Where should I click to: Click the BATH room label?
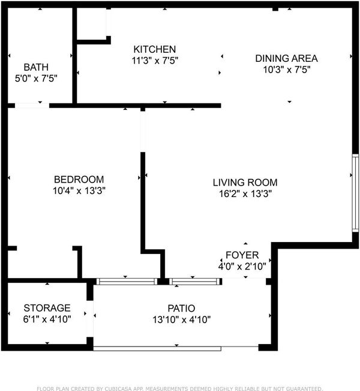[x=36, y=67]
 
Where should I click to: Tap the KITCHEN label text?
[x=155, y=49]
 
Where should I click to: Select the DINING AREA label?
[x=287, y=58]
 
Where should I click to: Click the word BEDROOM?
[x=79, y=180]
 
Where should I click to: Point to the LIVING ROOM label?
[x=245, y=183]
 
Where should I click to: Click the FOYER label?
[x=242, y=255]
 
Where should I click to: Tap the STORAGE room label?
[x=47, y=308]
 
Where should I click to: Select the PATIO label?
[x=181, y=309]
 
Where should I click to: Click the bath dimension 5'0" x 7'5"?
[x=36, y=79]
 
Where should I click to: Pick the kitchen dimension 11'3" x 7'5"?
[x=155, y=61]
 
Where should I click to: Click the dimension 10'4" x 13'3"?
[x=79, y=191]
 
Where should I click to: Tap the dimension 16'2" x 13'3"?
[x=245, y=194]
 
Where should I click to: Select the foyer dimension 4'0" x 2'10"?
[x=242, y=267]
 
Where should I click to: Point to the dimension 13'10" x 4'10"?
[x=182, y=320]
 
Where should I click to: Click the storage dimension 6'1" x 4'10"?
[x=47, y=319]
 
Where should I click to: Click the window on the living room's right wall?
[x=355, y=193]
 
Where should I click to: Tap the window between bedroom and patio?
[x=127, y=282]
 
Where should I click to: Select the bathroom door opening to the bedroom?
[x=32, y=106]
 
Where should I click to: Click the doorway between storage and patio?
[x=89, y=319]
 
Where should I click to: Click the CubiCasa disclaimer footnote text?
[x=179, y=389]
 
